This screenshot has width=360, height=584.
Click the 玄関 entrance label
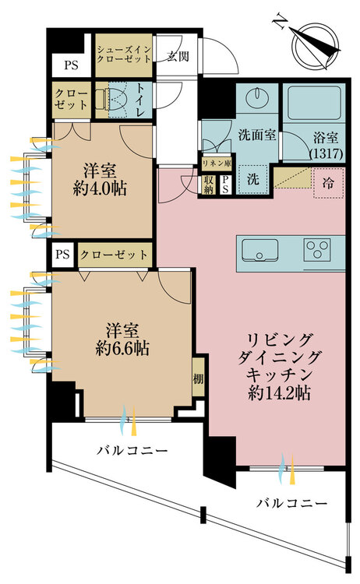[178, 57]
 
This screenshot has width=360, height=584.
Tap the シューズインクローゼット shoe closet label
[124, 55]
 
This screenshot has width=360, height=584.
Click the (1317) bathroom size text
[326, 153]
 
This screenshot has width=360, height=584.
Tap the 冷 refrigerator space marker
[328, 183]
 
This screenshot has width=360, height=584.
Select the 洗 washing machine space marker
[253, 179]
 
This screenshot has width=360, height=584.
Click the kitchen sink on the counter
[259, 249]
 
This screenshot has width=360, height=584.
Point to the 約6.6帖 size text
[122, 348]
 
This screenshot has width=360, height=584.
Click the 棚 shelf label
[198, 378]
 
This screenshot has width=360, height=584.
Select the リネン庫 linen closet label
[217, 164]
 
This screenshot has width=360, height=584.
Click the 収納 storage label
[208, 185]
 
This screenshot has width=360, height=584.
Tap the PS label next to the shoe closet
[71, 65]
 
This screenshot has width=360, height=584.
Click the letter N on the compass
[279, 21]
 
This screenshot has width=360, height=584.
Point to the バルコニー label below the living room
[291, 504]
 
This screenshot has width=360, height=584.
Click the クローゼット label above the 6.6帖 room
[115, 255]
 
